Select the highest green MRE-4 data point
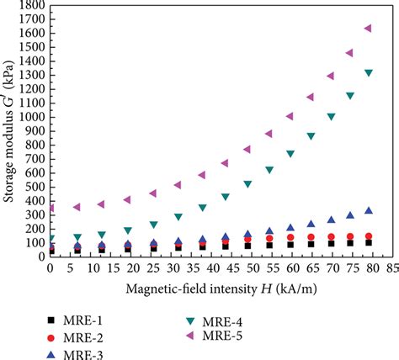[369, 73]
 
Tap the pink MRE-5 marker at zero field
[51, 208]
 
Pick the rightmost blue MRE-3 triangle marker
[369, 210]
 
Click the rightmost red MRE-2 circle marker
[369, 236]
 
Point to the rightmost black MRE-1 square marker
[369, 242]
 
